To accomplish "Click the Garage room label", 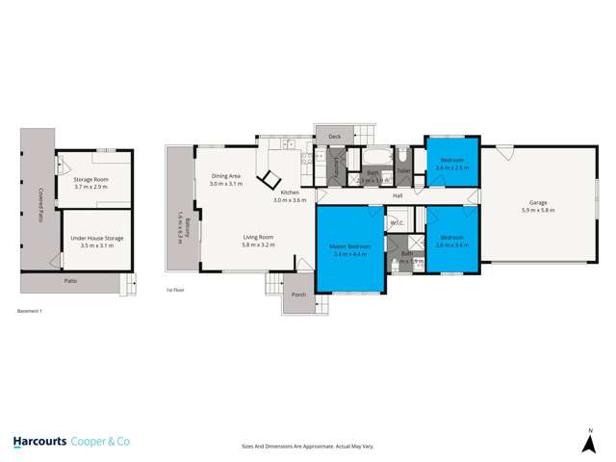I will coord(538,203).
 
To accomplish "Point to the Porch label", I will coord(298,295).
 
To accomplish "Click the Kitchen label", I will coord(289,193).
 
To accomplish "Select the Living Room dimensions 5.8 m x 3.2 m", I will coord(259,245).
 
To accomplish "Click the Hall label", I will coord(397,196).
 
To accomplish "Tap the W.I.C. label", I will coord(397,222).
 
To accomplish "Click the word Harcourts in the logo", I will coord(43,442).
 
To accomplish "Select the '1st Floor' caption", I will coord(174,289).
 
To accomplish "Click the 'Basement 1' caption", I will coord(31,311).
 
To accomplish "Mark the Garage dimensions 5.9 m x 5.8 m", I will coord(538,210).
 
